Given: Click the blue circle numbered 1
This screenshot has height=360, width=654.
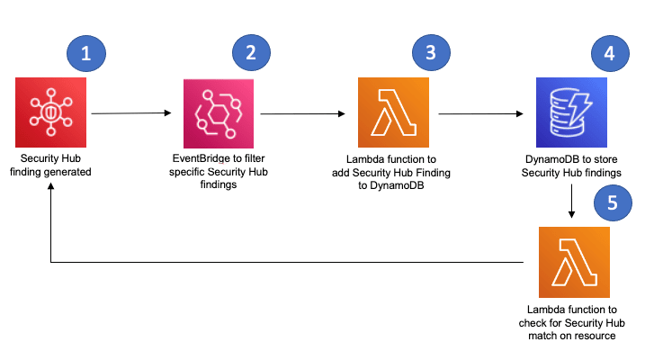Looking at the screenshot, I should pos(86,53).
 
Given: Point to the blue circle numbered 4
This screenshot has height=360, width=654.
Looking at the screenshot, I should pos(609,53).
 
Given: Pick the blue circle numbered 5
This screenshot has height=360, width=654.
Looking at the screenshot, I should pos(613,202).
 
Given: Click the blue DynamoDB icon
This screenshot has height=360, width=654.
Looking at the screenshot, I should pos(572,113).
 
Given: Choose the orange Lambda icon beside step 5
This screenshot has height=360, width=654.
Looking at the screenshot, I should pos(573,262).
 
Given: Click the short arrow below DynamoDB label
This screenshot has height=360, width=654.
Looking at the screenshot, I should pos(573,204).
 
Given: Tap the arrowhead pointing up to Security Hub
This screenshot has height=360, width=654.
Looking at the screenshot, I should pos(50,183).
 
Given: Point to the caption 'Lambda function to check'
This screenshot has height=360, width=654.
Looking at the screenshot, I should pos(573,322).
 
